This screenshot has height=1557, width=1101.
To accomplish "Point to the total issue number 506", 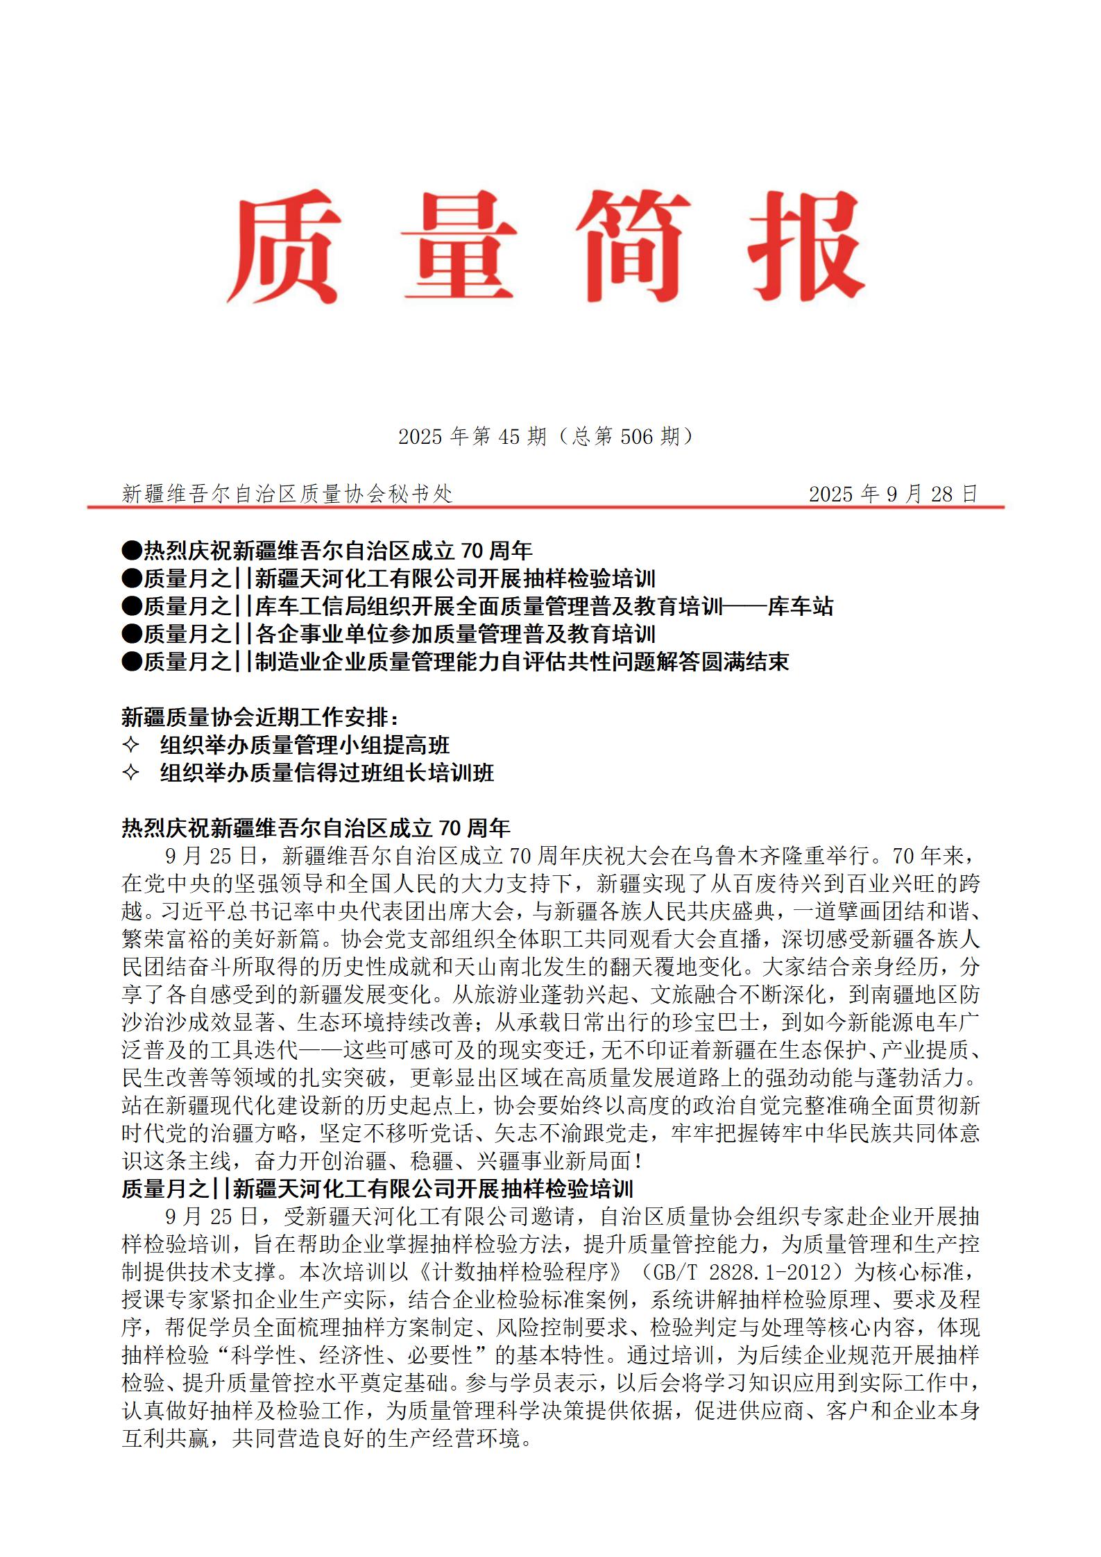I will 637,436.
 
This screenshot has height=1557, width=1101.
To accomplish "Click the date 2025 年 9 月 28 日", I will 893,494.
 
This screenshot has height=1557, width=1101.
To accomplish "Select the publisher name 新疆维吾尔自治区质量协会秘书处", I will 287,494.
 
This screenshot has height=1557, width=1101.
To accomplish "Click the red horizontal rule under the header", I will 545,508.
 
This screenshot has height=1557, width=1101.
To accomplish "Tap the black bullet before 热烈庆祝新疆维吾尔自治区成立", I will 132,551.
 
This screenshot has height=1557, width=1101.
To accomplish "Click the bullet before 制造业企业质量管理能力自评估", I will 132,662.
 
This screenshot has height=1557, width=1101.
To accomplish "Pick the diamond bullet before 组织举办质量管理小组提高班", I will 131,746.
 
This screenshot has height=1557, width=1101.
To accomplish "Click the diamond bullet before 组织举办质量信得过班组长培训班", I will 131,773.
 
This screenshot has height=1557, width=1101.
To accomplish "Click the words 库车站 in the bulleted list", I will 800,607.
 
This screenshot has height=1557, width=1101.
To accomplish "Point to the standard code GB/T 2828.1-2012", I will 735,1273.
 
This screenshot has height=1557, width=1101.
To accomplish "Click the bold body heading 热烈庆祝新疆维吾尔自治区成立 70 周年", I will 316,828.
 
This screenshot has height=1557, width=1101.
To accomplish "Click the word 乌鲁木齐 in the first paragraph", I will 737,857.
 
